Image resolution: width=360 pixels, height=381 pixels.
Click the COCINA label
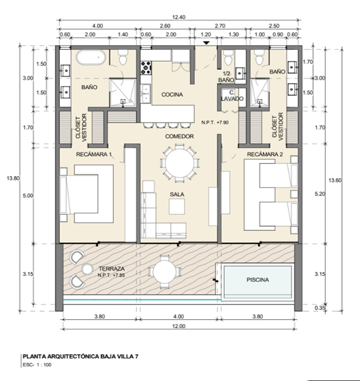(x=172, y=95)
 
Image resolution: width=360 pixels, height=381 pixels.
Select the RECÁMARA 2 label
(x=265, y=154)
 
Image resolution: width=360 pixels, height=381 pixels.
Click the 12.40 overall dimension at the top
(x=179, y=17)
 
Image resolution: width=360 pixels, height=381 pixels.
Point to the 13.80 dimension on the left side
(x=12, y=178)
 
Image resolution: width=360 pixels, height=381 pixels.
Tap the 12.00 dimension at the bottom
(x=179, y=327)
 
